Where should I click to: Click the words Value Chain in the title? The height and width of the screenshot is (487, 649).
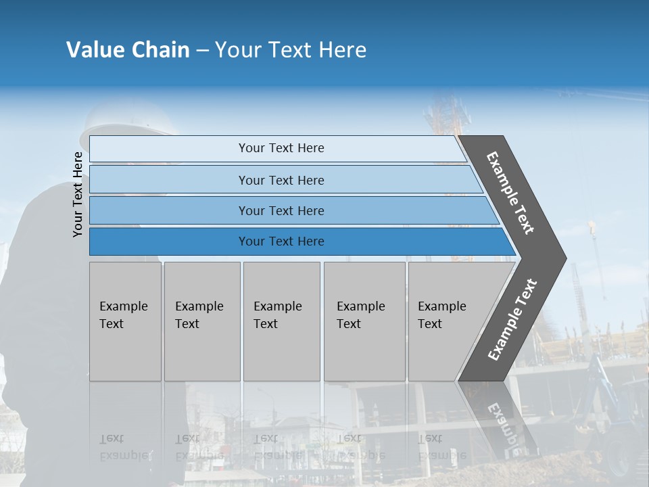click(x=128, y=50)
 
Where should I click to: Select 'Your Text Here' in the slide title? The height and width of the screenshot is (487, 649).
click(x=291, y=50)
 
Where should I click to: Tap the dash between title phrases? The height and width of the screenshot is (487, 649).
click(x=202, y=50)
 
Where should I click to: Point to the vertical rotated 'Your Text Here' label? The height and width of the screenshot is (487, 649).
click(x=78, y=194)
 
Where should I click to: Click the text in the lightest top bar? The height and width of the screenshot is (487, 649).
click(x=281, y=148)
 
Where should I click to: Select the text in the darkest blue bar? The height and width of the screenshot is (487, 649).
click(x=281, y=241)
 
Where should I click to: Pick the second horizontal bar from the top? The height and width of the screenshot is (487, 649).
click(x=281, y=180)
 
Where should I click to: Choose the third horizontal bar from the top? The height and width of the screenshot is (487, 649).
click(x=281, y=210)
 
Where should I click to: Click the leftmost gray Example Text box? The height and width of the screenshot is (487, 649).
click(x=125, y=321)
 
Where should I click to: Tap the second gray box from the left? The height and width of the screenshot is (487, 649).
click(x=202, y=321)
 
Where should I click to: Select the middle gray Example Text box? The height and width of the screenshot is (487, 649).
click(x=281, y=321)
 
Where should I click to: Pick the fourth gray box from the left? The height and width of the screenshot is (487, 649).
click(x=364, y=321)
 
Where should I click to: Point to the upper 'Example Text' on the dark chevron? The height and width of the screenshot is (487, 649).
click(x=510, y=193)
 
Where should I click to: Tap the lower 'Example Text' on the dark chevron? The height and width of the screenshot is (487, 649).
click(x=512, y=320)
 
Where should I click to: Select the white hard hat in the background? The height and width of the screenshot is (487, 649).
click(x=128, y=122)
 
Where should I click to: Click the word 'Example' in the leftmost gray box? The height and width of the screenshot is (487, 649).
click(x=123, y=306)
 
